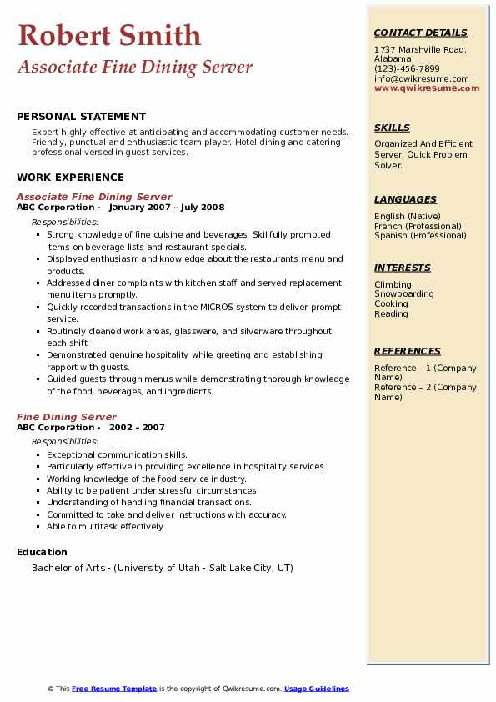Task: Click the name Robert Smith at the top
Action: click(109, 35)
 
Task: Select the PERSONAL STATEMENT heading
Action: click(81, 117)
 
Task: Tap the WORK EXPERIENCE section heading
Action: click(70, 177)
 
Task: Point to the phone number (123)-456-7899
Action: click(407, 69)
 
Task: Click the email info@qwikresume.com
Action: click(421, 78)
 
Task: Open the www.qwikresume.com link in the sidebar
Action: click(427, 88)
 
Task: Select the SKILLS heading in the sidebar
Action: click(392, 128)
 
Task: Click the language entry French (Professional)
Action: click(418, 226)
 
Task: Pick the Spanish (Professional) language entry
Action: click(420, 236)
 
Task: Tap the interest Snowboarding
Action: click(403, 294)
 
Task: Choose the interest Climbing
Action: click(393, 284)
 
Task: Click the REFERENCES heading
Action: click(408, 351)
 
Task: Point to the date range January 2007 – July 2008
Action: click(167, 208)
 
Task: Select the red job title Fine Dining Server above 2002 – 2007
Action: click(67, 417)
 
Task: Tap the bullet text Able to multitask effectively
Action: click(105, 526)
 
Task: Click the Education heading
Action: click(42, 552)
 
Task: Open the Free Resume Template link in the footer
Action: click(114, 689)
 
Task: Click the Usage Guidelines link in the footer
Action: click(317, 689)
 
